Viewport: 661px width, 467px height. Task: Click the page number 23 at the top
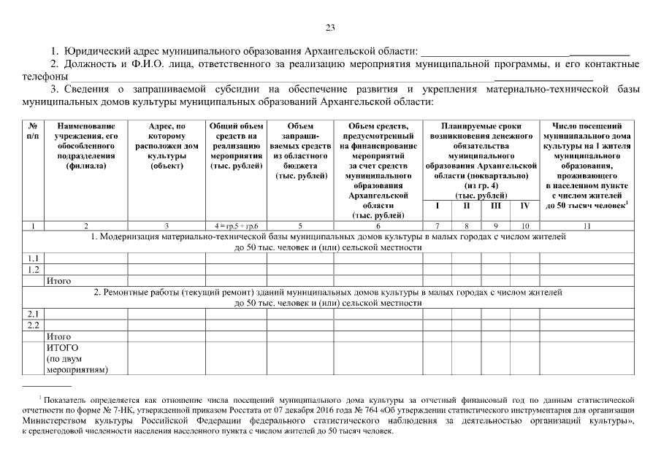tap(330, 28)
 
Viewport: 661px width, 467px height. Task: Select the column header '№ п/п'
tap(33, 131)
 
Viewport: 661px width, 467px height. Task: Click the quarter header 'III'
tap(496, 206)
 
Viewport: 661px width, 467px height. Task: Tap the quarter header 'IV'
tap(524, 206)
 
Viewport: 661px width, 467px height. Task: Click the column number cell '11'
tap(587, 225)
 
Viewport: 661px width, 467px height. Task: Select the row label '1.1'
tap(33, 258)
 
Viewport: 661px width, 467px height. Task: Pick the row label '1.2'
tap(33, 269)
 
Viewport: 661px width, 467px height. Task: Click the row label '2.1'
tap(33, 314)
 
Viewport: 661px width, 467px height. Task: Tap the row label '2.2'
tap(33, 325)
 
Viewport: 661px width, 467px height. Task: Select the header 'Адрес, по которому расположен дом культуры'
tap(167, 146)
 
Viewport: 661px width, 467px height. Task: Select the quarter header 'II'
tap(466, 206)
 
